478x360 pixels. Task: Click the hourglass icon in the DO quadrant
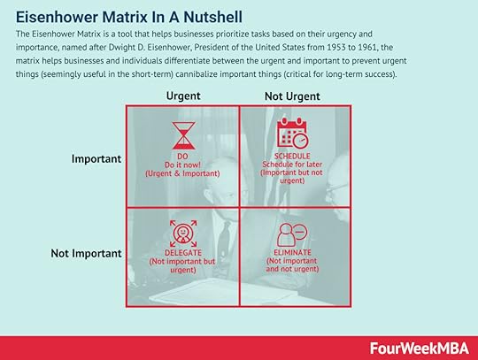point(183,135)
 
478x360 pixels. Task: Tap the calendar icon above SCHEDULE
point(293,133)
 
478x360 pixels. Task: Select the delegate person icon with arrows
point(183,234)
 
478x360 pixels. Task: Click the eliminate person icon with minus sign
point(292,234)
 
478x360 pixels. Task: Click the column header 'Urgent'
point(183,96)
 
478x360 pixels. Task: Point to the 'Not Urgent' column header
point(292,96)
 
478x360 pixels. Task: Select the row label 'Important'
point(96,158)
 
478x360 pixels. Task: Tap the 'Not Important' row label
point(86,253)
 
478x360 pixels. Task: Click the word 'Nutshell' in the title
point(212,17)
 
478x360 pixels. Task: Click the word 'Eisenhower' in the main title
point(58,17)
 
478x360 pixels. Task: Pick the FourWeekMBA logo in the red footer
point(420,349)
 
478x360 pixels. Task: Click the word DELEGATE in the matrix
point(183,253)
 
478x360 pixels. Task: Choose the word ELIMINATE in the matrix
point(292,252)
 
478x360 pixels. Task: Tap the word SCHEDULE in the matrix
point(292,156)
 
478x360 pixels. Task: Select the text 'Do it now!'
point(183,165)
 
